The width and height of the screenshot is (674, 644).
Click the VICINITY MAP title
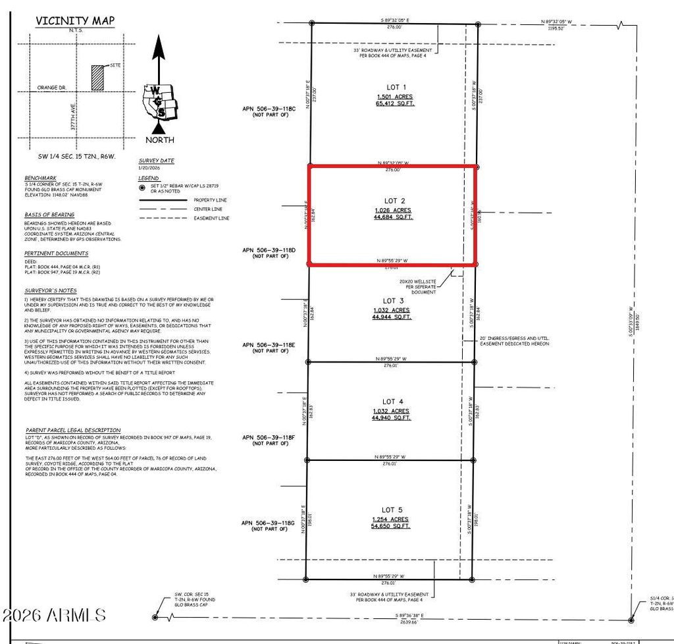[75, 20]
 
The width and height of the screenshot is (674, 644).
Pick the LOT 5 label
[389, 510]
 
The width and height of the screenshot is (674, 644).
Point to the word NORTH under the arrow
[160, 140]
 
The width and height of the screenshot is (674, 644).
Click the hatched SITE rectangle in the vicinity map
[97, 77]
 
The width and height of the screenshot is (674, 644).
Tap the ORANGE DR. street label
[52, 87]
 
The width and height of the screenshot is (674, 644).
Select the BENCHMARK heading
[41, 178]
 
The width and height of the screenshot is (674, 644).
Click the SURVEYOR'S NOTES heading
[51, 290]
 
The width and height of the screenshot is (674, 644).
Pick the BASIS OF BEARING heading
[49, 215]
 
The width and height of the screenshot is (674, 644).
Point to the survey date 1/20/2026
[149, 168]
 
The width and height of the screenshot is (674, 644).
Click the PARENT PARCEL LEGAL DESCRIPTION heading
[73, 429]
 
